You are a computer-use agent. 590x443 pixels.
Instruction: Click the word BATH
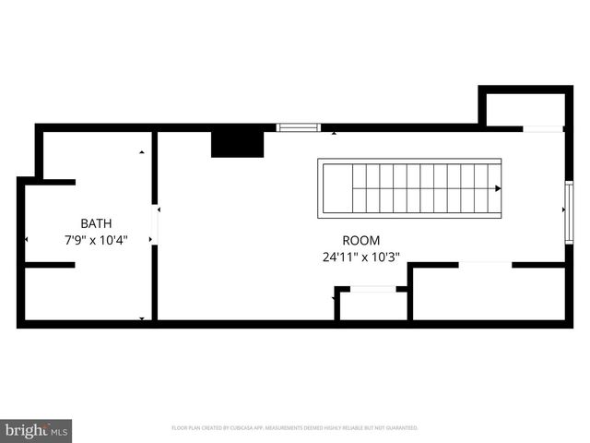[97, 222]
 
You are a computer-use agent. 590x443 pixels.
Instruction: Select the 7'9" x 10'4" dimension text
[96, 240]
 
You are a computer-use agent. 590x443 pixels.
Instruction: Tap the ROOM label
[361, 240]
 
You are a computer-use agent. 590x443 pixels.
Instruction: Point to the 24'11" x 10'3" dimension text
[361, 257]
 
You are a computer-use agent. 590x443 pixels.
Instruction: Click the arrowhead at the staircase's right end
[498, 188]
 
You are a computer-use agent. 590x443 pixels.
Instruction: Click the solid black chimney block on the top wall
[238, 143]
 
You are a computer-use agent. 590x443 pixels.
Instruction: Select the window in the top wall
[299, 127]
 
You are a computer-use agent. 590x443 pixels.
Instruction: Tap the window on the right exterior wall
[569, 212]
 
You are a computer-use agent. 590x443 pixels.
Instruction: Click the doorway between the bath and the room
[155, 226]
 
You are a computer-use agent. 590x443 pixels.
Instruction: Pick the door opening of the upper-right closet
[543, 128]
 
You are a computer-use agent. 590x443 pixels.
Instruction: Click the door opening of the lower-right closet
[485, 265]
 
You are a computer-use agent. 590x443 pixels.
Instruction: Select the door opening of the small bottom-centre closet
[372, 289]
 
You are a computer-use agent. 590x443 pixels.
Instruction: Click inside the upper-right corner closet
[525, 109]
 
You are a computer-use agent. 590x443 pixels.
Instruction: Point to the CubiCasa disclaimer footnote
[295, 428]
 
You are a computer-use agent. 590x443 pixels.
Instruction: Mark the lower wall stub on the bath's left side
[48, 265]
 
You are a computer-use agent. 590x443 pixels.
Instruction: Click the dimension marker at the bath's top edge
[141, 152]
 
